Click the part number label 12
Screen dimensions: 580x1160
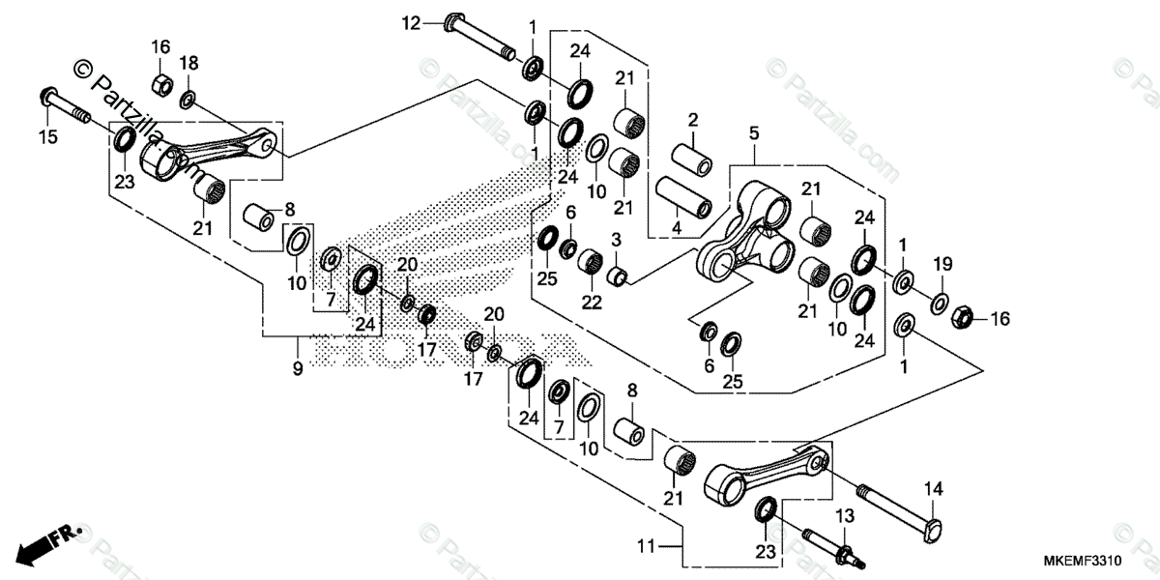[413, 22]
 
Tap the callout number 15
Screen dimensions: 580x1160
[47, 137]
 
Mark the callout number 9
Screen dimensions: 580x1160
[298, 368]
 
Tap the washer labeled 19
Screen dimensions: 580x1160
[939, 304]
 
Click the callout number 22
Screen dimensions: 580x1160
[592, 302]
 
